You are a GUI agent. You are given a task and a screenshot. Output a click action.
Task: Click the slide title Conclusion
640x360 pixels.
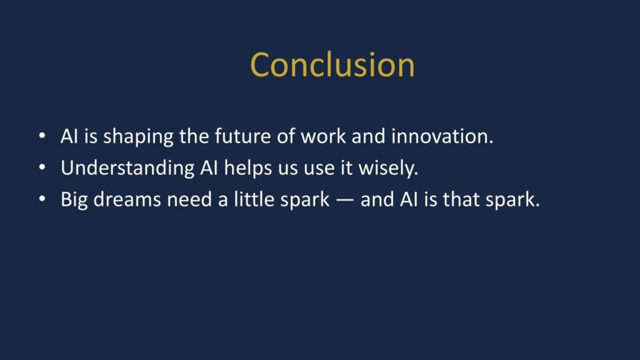coord(332,64)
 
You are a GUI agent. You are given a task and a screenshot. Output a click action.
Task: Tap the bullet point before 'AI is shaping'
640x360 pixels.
coord(42,136)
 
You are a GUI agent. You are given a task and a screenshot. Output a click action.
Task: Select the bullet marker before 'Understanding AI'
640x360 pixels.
coord(42,168)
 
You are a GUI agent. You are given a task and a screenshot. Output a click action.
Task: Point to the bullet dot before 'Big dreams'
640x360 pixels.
coord(42,200)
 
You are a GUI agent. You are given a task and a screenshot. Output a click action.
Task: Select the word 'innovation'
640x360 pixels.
coord(442,136)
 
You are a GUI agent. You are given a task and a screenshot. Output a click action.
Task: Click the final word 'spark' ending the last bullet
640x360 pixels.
coord(512,201)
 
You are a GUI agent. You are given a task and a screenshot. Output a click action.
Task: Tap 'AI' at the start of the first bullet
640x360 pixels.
coord(68,136)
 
